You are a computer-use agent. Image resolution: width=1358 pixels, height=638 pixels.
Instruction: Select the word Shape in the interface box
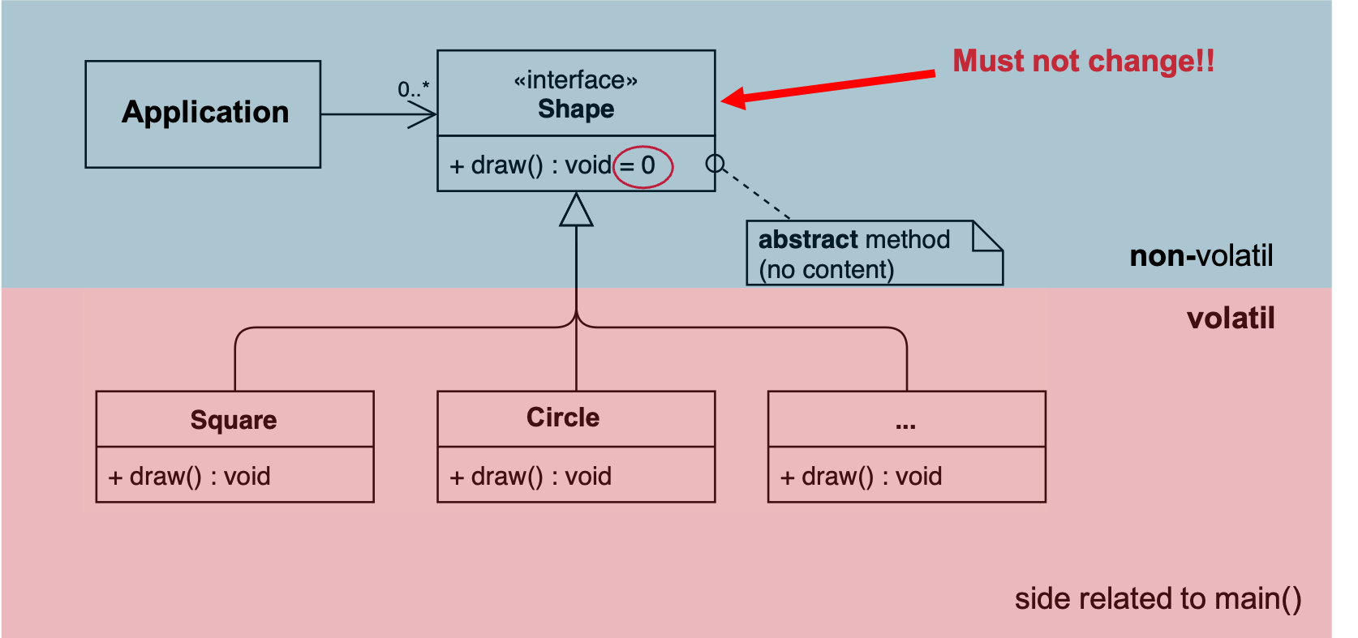point(576,109)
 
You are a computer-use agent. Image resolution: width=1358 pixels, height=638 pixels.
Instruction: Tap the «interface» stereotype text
point(576,80)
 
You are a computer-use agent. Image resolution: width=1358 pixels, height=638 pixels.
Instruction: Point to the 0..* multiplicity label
point(414,90)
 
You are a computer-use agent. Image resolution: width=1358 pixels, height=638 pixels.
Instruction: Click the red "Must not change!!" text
point(1083,61)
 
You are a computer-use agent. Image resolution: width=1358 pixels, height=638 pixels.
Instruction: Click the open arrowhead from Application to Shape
point(422,114)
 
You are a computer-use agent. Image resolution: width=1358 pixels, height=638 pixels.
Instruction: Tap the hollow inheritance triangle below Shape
point(576,210)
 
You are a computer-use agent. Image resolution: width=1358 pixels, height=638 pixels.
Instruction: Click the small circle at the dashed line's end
point(716,164)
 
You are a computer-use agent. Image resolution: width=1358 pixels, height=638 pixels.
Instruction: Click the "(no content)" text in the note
point(827,270)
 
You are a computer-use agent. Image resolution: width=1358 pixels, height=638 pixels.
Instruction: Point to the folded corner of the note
point(987,236)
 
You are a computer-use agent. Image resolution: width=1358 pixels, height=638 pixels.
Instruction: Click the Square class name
point(234,420)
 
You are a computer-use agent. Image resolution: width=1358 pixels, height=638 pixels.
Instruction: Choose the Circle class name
point(563,417)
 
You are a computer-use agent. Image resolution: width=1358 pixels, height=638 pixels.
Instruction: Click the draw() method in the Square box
point(189,476)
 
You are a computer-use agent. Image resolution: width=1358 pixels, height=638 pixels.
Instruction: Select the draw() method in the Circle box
point(531,476)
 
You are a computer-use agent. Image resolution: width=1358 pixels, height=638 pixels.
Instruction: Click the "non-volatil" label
point(1201,255)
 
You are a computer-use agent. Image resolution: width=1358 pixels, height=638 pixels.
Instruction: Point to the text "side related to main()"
point(1158,598)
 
